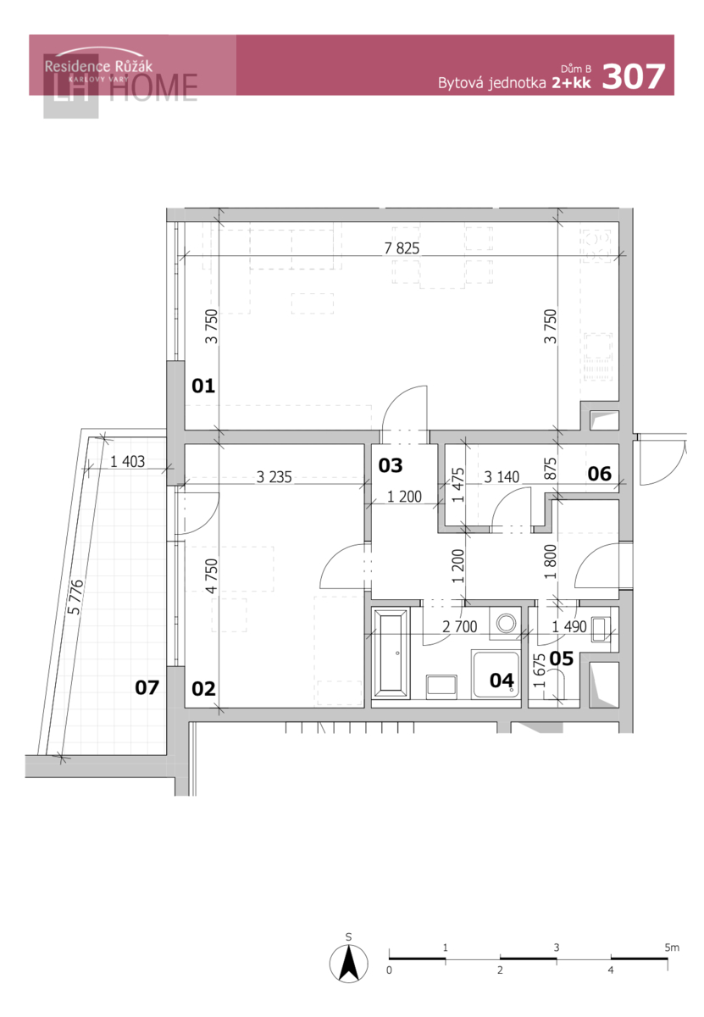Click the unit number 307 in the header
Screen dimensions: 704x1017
click(633, 76)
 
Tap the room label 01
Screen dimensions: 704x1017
click(202, 386)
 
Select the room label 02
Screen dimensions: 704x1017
click(202, 689)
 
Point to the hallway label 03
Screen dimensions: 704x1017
click(391, 465)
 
